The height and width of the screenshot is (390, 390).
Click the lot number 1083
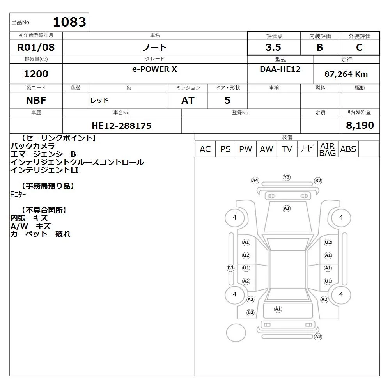point(69,22)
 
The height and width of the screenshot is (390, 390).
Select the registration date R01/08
point(36,47)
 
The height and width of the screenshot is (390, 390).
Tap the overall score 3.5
point(273,47)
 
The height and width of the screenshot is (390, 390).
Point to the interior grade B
point(320,47)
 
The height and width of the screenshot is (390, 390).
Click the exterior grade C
point(359,47)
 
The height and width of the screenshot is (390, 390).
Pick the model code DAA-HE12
point(280,69)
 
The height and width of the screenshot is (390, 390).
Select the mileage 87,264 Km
point(346,74)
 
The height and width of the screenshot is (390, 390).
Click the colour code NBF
point(36,101)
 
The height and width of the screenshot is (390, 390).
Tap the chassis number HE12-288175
point(121,126)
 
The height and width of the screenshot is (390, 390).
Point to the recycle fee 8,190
point(360,125)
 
